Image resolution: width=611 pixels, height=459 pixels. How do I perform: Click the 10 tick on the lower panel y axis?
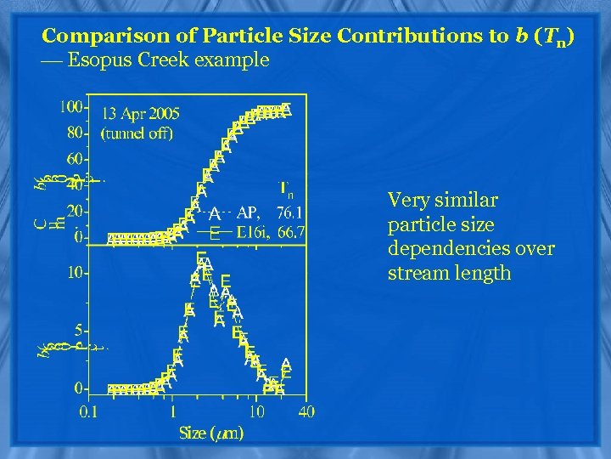pos(76,274)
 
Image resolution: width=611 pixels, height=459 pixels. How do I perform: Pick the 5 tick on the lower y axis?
pos(79,329)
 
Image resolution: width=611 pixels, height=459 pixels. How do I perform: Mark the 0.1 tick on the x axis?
pos(87,411)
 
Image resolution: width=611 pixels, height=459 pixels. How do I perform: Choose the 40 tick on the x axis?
pos(305,411)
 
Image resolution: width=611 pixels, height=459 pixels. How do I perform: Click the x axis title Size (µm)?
pos(211,433)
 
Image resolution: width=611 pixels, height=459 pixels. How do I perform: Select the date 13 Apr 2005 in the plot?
pos(141,113)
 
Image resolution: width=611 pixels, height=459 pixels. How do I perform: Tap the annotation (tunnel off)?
pos(137,133)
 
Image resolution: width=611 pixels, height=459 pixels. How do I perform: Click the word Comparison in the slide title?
pos(93,37)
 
